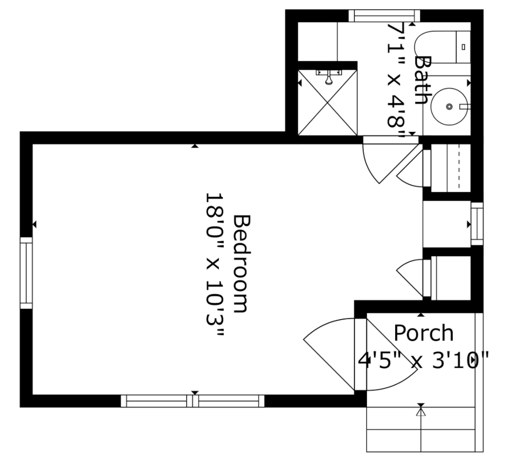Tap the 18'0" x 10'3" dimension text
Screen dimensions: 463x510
[214, 265]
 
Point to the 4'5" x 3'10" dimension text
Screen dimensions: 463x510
[424, 362]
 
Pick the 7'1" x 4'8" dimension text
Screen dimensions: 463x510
[395, 81]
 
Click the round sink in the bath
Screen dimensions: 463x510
[449, 106]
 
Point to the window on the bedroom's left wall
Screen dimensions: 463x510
[26, 273]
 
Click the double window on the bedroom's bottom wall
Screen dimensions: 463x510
[193, 401]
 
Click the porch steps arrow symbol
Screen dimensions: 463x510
[421, 412]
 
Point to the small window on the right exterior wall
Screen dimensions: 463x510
[477, 224]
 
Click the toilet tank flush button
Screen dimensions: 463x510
[463, 47]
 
